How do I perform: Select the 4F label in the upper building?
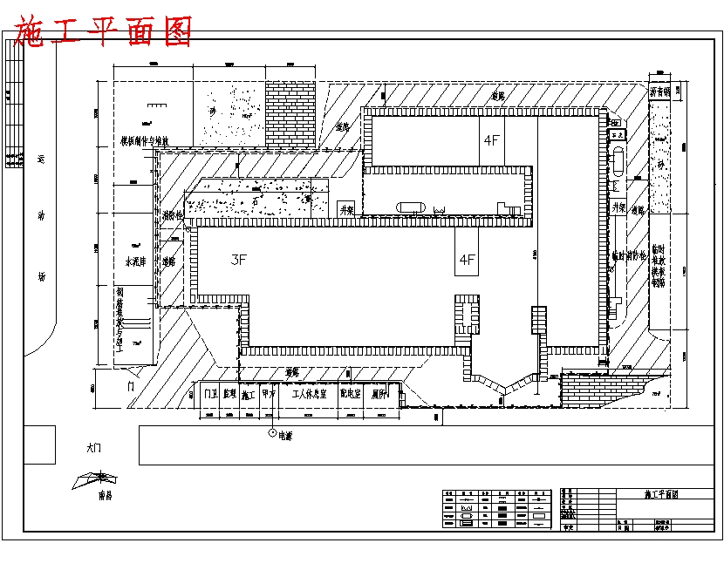point(491,139)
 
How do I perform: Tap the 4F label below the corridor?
point(468,259)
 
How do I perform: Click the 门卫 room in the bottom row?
point(210,394)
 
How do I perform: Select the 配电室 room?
point(351,394)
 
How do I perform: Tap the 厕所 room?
point(379,394)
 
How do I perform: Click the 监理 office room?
point(229,394)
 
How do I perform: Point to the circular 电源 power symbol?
point(272,432)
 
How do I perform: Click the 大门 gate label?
point(94,448)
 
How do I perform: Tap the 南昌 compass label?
point(106,495)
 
